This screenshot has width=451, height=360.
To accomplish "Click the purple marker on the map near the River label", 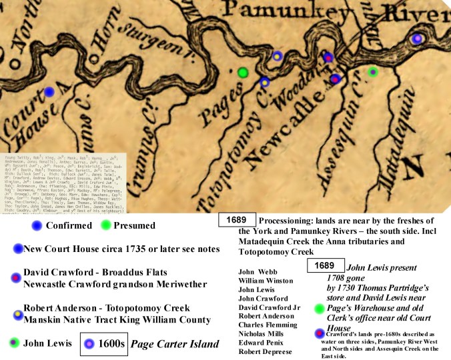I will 417,39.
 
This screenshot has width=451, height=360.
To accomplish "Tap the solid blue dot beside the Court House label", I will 49,92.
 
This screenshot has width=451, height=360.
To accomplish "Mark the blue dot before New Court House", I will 18,248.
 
